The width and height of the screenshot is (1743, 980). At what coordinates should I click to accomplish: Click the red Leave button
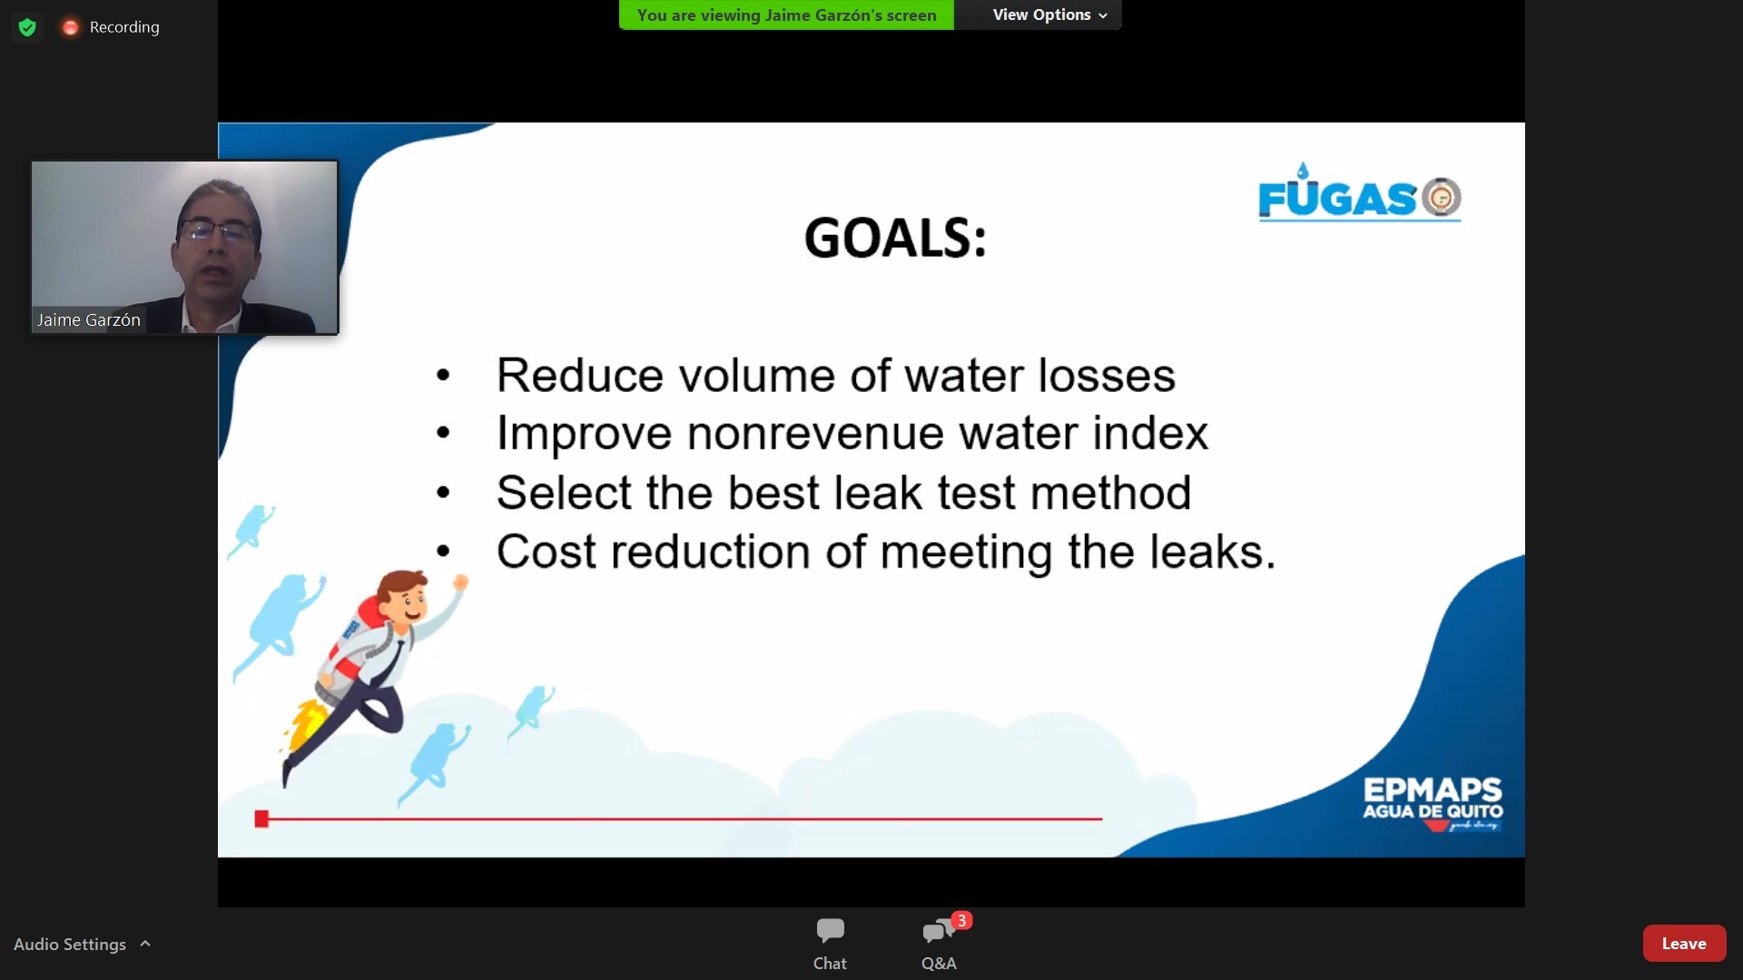pos(1684,944)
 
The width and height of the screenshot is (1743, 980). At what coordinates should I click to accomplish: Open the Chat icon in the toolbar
pos(830,930)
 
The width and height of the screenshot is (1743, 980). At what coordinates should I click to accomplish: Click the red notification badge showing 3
pos(961,920)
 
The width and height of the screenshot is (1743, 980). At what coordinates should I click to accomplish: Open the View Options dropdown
pos(1050,15)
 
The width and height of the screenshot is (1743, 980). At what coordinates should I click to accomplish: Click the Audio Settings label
pos(70,944)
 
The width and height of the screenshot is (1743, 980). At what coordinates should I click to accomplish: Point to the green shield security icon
pos(27,27)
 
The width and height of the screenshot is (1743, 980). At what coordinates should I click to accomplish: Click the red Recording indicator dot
pos(70,27)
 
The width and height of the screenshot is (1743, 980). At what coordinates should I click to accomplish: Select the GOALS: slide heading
pos(895,238)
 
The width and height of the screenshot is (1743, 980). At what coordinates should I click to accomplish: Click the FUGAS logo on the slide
pos(1360,193)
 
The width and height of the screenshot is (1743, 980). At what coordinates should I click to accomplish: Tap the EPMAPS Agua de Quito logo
pos(1433,803)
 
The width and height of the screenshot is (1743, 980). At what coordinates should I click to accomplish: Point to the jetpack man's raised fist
pos(460,582)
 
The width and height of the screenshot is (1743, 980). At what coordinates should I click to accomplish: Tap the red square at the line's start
pos(261,818)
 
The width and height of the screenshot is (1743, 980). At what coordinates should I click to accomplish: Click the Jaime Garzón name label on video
pos(88,319)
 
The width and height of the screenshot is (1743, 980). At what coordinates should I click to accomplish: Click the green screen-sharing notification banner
pos(786,15)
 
